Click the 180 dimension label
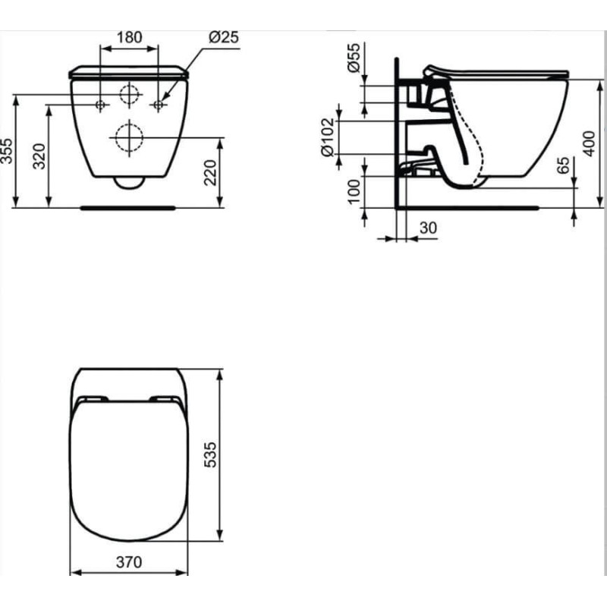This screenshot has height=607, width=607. (130, 36)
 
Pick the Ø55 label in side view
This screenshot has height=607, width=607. (353, 57)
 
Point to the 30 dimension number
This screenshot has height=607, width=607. (428, 227)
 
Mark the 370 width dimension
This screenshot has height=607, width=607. (129, 562)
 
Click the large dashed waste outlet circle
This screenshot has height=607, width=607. (128, 137)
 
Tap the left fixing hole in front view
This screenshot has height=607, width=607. (100, 104)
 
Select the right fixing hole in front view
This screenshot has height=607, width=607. (159, 104)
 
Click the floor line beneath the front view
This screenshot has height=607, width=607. (128, 206)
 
